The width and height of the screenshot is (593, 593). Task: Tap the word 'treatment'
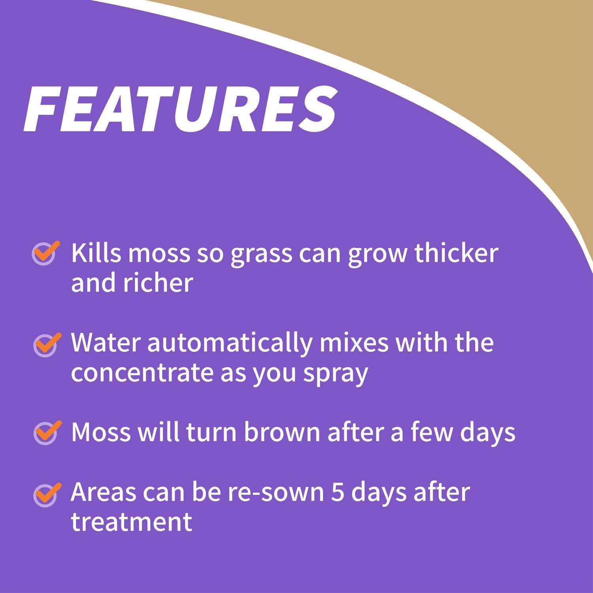pyautogui.click(x=132, y=523)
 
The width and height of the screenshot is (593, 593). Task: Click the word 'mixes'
pyautogui.click(x=354, y=342)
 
